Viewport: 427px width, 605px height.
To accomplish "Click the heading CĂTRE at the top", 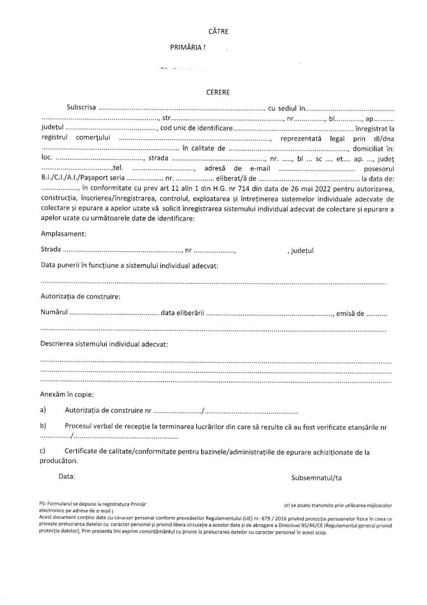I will coord(213,30).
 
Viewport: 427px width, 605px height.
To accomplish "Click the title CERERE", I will coord(213,92).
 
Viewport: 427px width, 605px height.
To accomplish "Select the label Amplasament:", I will coord(63,234).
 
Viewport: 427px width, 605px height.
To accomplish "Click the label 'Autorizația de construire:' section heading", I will coord(80,297).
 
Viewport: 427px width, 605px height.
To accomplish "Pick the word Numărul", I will coord(54,312).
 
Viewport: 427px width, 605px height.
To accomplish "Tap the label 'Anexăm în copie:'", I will coord(66,393).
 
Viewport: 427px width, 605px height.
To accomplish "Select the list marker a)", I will coord(42,409).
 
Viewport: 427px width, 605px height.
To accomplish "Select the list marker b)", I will coord(42,426).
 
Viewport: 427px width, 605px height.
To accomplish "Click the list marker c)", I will coord(42,452).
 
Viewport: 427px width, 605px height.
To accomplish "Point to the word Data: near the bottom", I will coord(67,475).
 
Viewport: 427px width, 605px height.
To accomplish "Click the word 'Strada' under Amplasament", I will coord(51,250).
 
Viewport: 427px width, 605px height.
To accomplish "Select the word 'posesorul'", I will coord(377,168).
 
